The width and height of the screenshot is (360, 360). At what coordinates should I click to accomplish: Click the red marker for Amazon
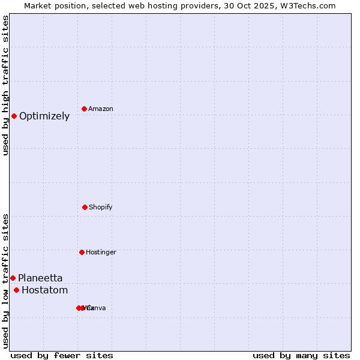pos(85,109)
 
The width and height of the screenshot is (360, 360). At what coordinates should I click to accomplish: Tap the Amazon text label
pos(101,109)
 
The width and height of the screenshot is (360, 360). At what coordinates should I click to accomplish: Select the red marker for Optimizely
pos(14,116)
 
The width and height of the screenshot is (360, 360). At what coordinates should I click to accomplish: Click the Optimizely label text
pos(44,116)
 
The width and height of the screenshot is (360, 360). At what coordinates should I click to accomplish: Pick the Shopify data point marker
pos(85,207)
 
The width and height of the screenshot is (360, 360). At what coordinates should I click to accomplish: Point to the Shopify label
pos(101,208)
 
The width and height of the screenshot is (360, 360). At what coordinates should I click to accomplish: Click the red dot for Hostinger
pos(82,252)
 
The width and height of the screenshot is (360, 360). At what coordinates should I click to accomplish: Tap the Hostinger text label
pos(101,253)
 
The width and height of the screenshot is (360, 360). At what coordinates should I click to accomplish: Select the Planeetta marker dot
pos(13,278)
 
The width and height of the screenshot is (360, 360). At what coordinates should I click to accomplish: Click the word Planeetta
pos(40,278)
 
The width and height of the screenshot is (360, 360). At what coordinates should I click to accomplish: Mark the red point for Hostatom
pos(16,290)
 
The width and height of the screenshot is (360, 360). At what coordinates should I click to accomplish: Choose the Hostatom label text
pos(45,290)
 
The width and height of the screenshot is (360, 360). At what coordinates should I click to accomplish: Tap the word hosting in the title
pos(158,5)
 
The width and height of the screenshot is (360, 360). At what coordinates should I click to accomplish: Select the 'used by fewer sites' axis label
pos(62,356)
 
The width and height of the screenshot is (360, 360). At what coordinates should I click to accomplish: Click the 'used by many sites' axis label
pos(301,356)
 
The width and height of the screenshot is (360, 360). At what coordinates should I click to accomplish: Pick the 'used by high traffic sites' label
pos(5,85)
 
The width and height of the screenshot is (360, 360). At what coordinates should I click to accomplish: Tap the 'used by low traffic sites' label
pos(5,281)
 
